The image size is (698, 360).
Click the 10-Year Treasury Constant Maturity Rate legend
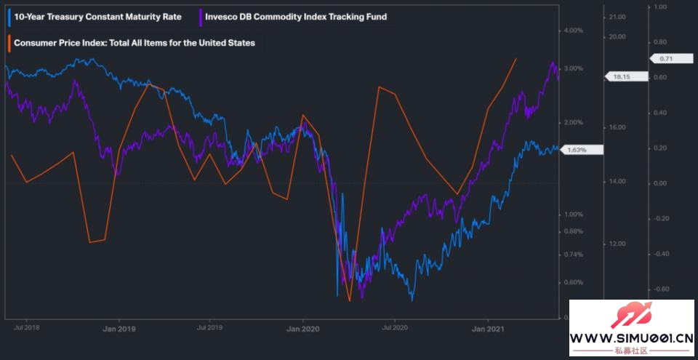pyautogui.click(x=92, y=16)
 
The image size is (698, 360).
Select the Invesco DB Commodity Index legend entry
pyautogui.click(x=296, y=16)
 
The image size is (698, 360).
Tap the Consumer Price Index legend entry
pyautogui.click(x=135, y=43)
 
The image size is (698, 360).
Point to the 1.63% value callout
pyautogui.click(x=577, y=150)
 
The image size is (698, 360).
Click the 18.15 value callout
pyautogui.click(x=621, y=76)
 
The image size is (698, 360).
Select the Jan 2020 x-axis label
pyautogui.click(x=302, y=328)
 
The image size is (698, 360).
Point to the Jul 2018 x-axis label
pyautogui.click(x=27, y=328)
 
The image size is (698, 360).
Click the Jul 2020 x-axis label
pyautogui.click(x=395, y=328)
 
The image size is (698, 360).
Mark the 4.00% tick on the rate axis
pyautogui.click(x=574, y=31)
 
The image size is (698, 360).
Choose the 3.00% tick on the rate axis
pyautogui.click(x=574, y=68)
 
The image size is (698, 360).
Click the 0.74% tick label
pyautogui.click(x=574, y=255)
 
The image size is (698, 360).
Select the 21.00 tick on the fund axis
pyautogui.click(x=618, y=17)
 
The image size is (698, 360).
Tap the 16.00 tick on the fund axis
pyautogui.click(x=618, y=127)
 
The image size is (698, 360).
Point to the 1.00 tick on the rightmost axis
pyautogui.click(x=661, y=7)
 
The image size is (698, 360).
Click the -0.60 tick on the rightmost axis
pyautogui.click(x=661, y=289)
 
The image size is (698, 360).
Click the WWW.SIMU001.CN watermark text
pyautogui.click(x=631, y=338)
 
